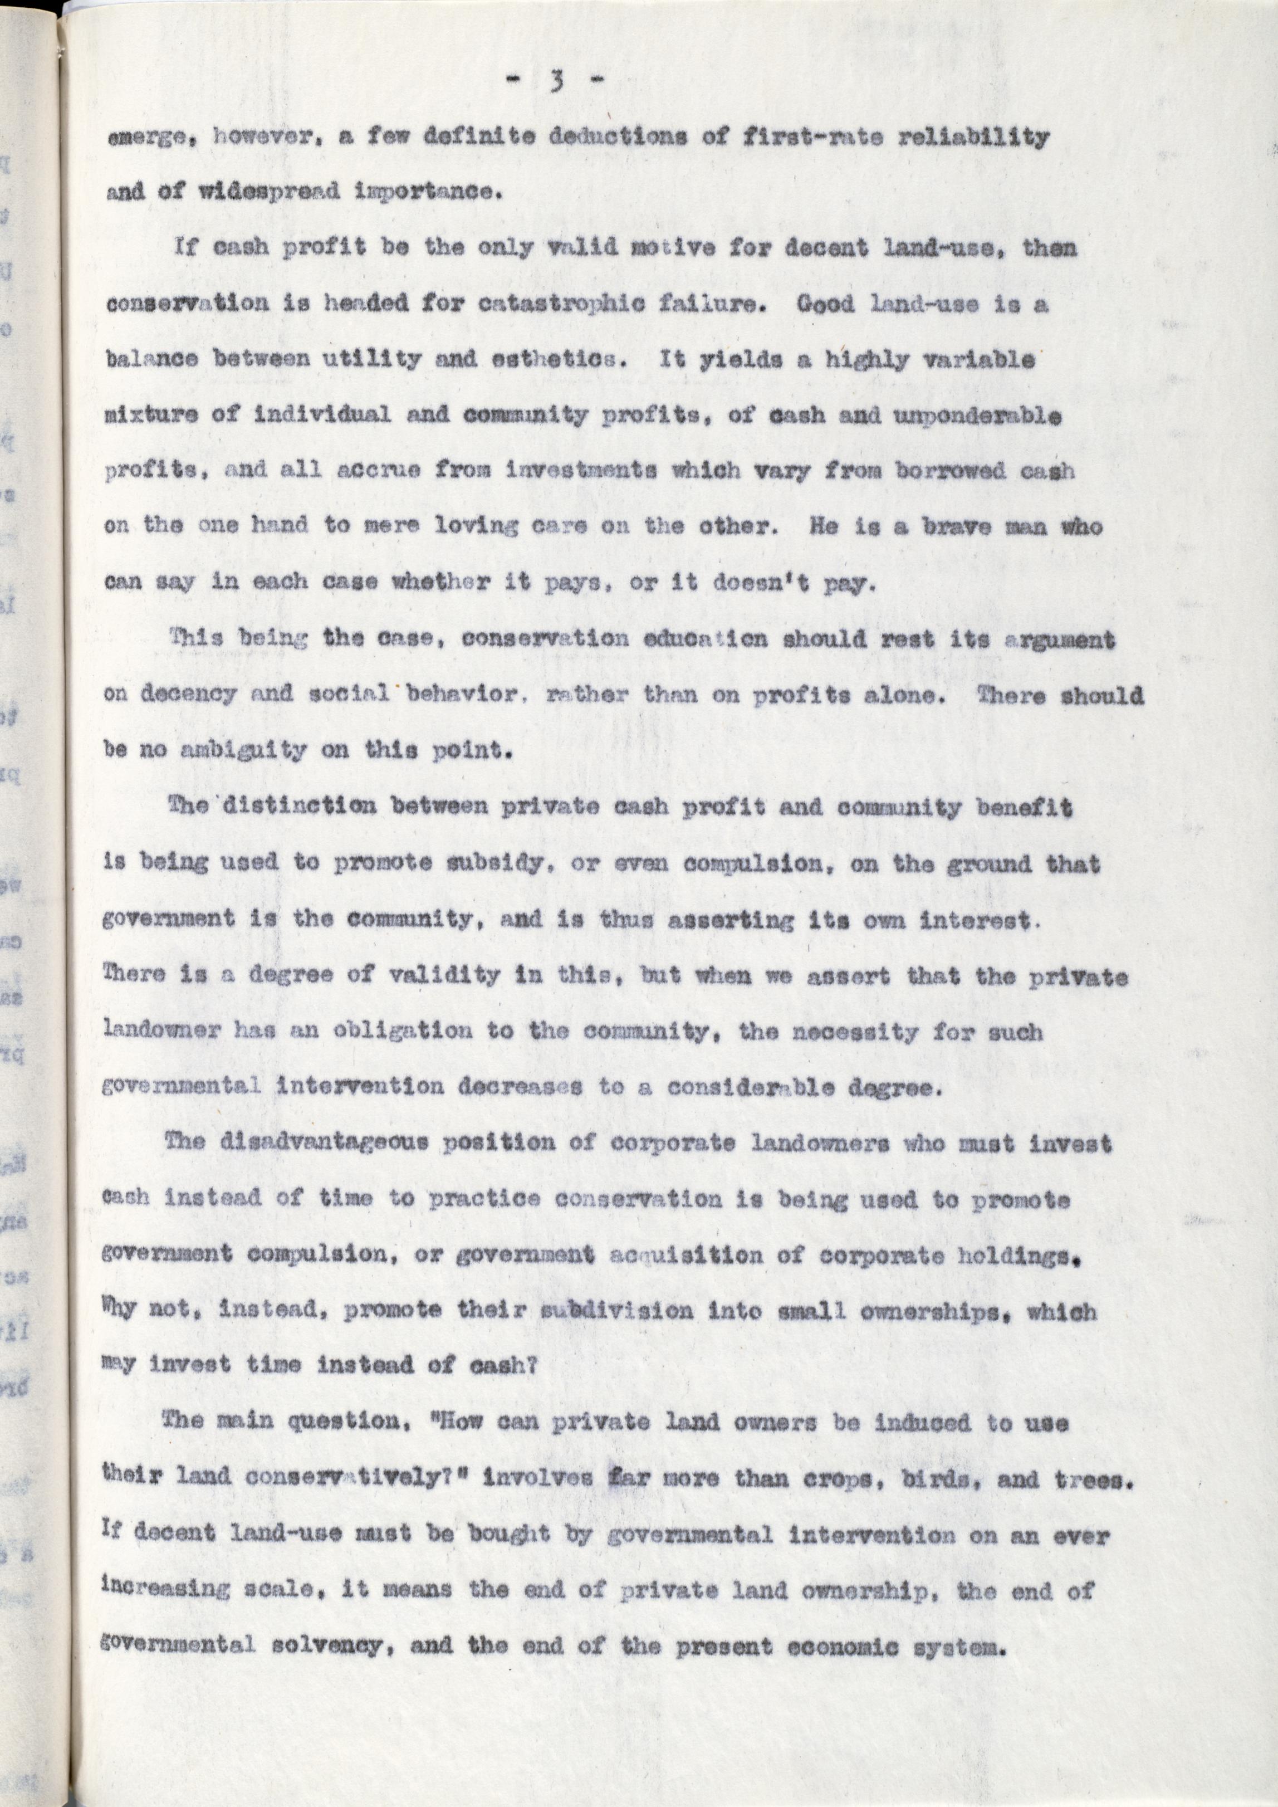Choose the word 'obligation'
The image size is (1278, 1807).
click(x=394, y=1031)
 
